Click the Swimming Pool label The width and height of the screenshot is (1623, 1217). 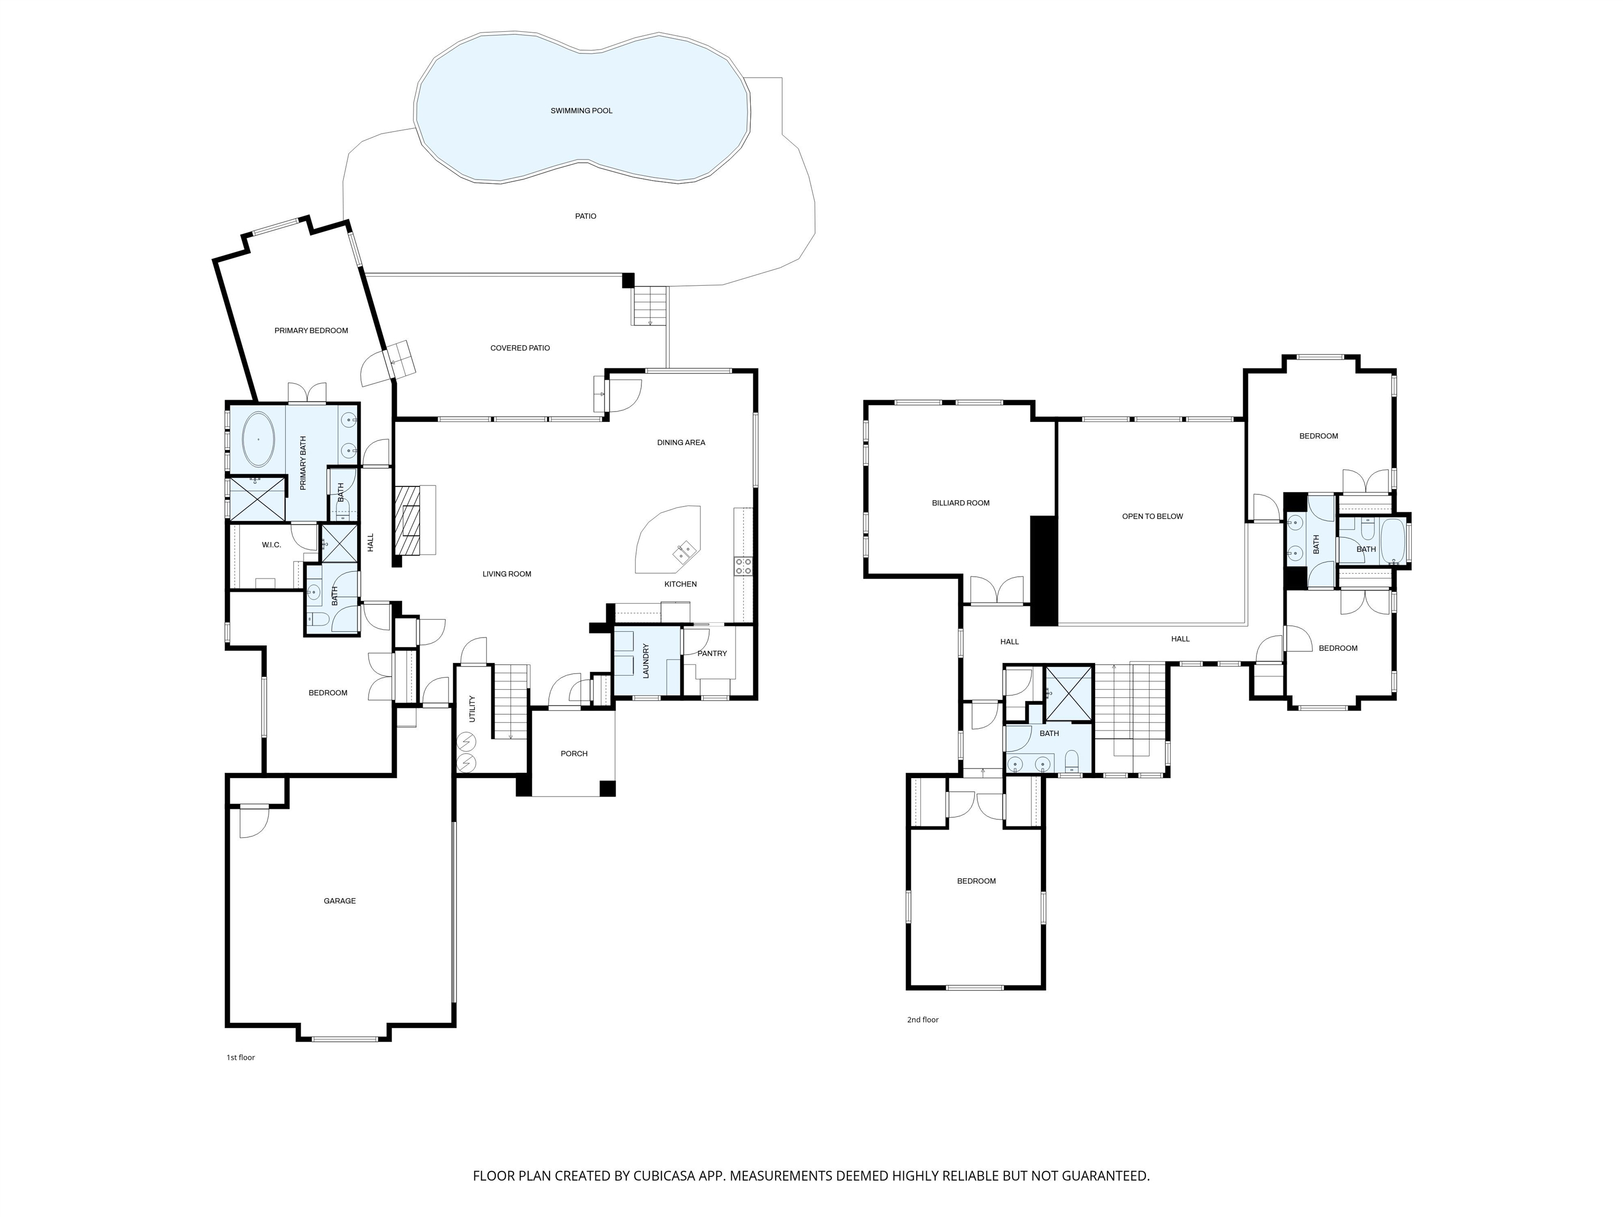(x=581, y=111)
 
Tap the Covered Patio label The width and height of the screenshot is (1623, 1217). (x=519, y=348)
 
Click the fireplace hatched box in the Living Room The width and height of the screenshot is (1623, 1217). (x=409, y=521)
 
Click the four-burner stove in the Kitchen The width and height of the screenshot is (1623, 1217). (x=742, y=566)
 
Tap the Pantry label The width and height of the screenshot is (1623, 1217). (x=712, y=653)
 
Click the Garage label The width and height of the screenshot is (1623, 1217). (x=340, y=901)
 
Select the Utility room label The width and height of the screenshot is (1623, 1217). (x=472, y=709)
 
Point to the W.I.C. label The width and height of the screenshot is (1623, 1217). (x=272, y=545)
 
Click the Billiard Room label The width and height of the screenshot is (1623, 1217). (x=960, y=503)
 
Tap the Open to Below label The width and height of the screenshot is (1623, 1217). (x=1152, y=517)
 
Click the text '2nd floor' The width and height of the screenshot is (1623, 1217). (x=922, y=1019)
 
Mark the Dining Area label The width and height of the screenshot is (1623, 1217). (x=681, y=442)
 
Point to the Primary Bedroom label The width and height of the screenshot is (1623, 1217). (x=311, y=331)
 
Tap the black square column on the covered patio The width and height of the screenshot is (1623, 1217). (x=628, y=280)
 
